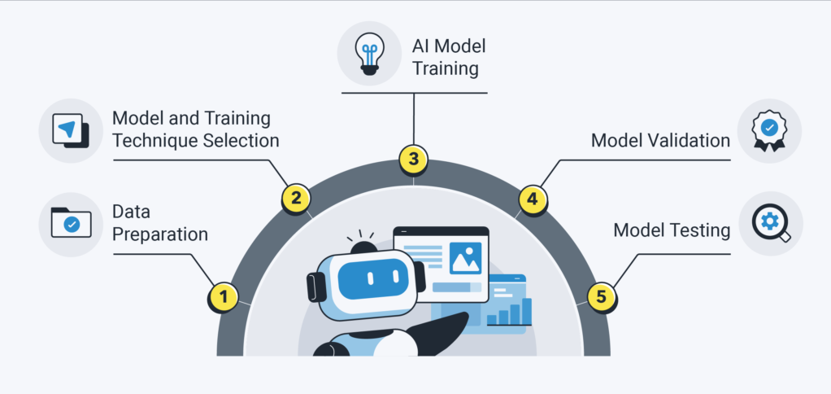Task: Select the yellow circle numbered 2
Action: (296, 197)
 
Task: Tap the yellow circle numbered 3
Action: (414, 158)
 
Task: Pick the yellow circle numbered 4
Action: (532, 198)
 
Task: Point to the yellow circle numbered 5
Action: (601, 296)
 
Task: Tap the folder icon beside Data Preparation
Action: (71, 223)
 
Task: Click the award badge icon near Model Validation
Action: (769, 131)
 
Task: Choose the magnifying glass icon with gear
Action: (770, 223)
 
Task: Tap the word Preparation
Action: (160, 234)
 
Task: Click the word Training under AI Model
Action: (445, 68)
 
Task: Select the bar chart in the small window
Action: (510, 311)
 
